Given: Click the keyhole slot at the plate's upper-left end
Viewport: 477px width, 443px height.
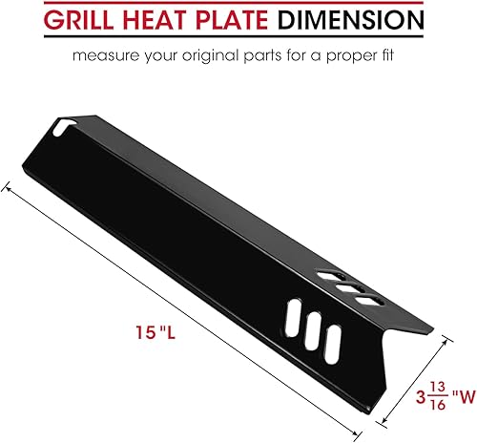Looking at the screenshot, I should [65, 125].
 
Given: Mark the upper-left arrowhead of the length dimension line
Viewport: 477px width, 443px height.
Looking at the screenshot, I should [10, 189].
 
